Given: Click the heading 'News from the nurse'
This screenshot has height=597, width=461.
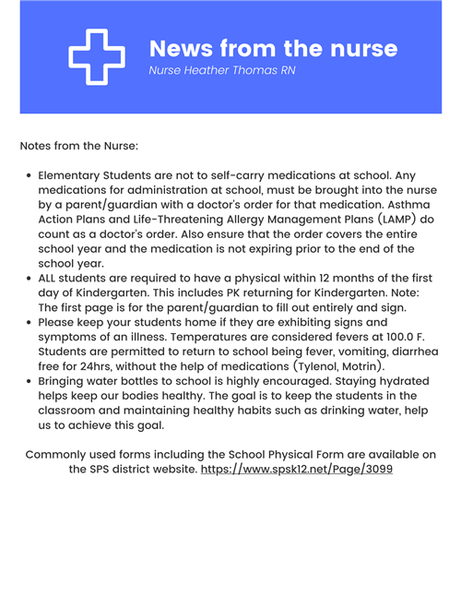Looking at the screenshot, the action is [x=273, y=48].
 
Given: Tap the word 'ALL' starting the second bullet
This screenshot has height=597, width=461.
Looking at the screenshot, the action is [x=49, y=278].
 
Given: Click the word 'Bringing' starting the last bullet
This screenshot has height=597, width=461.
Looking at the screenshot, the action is [x=67, y=381].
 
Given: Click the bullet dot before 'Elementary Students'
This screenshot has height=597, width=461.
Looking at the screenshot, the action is [x=30, y=174].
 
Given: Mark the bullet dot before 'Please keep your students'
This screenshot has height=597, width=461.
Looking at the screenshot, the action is [x=30, y=322].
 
